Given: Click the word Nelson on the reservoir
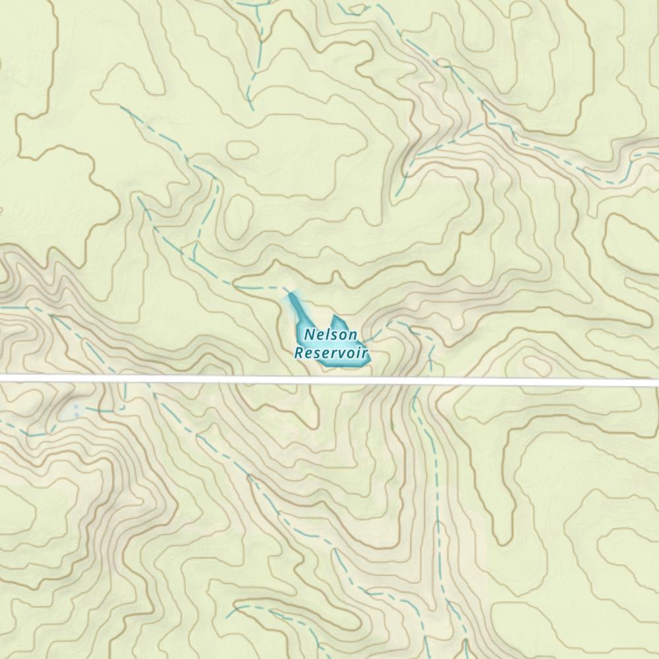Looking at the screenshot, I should [x=331, y=336].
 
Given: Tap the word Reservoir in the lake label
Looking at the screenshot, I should [x=331, y=353].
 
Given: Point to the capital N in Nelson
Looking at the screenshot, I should [x=309, y=336].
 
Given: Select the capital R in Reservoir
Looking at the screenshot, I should [x=299, y=353].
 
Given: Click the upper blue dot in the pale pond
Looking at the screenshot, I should [x=76, y=407].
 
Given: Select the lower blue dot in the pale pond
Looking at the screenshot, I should [x=76, y=415].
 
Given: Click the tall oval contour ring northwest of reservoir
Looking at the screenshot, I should [x=239, y=215].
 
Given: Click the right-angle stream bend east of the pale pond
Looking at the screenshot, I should [x=124, y=409].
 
